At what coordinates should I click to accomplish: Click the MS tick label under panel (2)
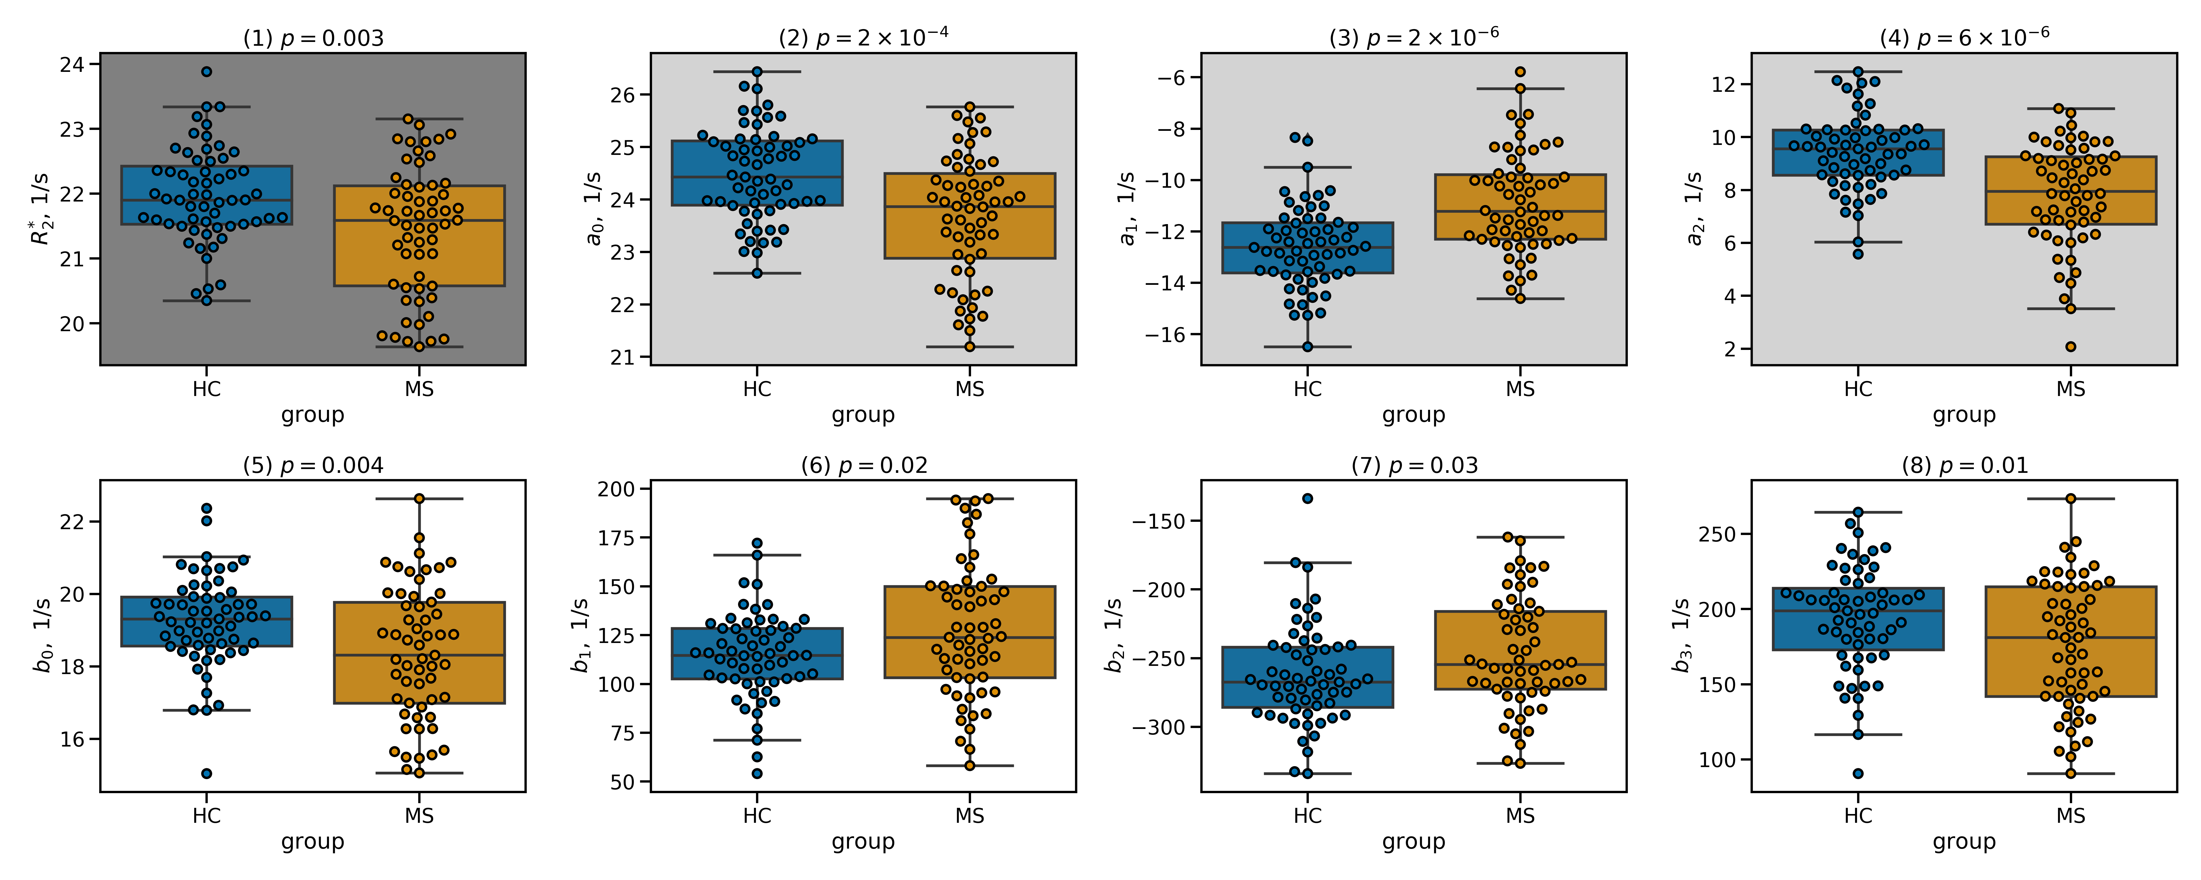click(x=970, y=390)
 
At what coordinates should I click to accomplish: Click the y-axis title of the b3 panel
click(x=1681, y=635)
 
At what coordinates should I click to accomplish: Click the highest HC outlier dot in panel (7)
click(x=1307, y=498)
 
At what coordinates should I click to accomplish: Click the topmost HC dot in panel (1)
click(x=207, y=72)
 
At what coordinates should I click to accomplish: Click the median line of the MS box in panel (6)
click(x=970, y=637)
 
